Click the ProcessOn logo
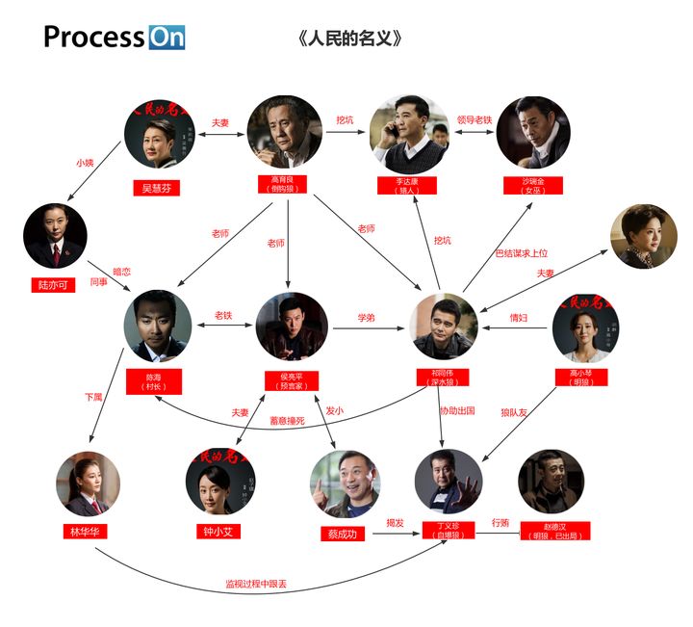pos(114,38)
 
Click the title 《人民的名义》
pos(349,39)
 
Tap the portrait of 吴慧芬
pos(159,136)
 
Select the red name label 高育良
pos(283,184)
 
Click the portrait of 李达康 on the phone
pos(409,134)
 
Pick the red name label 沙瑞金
pos(532,185)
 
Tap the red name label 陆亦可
pos(54,285)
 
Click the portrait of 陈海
pos(157,326)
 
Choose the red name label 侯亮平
pos(291,379)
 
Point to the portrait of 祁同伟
pos(444,327)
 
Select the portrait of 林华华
pos(88,484)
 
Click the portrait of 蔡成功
pos(345,483)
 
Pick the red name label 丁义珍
pos(449,530)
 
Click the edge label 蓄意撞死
pos(286,420)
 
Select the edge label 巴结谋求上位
pos(521,253)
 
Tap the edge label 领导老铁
pos(474,120)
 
